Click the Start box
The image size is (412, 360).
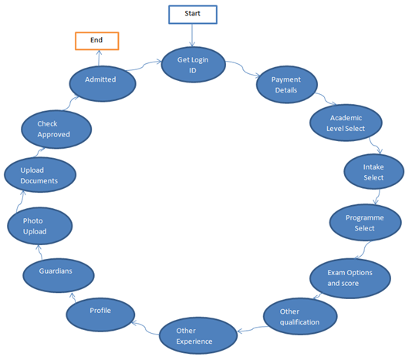(x=193, y=15)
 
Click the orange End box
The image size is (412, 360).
(x=97, y=41)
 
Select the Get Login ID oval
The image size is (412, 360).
(x=193, y=65)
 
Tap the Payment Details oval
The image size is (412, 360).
(x=287, y=85)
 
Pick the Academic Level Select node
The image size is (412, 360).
(x=346, y=123)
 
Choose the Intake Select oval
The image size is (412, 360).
(x=373, y=171)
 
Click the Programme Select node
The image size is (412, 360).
(x=365, y=223)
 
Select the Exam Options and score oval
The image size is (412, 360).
(x=350, y=278)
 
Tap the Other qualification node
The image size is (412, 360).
(x=300, y=316)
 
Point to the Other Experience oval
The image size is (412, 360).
(x=198, y=335)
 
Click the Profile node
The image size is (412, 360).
(x=100, y=315)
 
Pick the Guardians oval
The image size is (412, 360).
(x=59, y=275)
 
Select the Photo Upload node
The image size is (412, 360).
(x=39, y=226)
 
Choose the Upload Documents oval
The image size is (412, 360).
(x=40, y=175)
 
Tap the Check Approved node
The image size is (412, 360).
(x=56, y=130)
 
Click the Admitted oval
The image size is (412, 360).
(x=103, y=83)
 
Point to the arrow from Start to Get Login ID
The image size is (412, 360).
(x=192, y=35)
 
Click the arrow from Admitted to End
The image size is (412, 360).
(x=99, y=58)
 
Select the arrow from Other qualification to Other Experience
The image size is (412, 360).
(x=253, y=329)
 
